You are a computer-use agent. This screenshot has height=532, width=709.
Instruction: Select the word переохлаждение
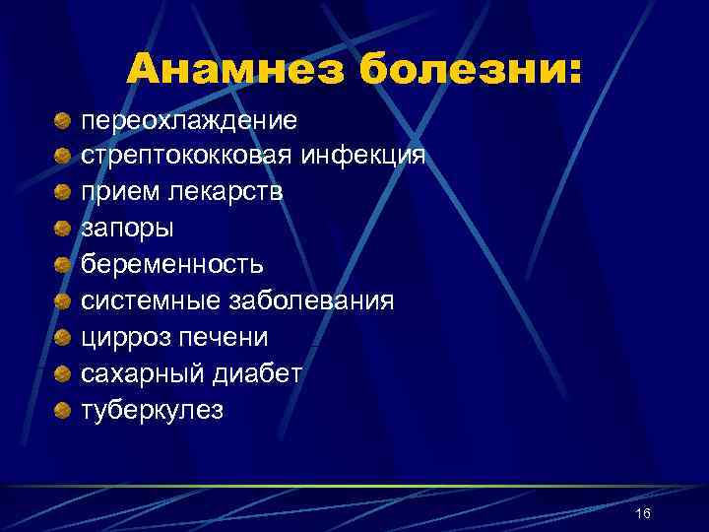[x=189, y=120]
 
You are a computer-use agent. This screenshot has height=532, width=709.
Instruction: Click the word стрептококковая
[x=186, y=156]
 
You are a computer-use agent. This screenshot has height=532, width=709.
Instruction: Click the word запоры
[x=127, y=228]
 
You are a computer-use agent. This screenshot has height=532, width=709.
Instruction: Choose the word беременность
[x=172, y=264]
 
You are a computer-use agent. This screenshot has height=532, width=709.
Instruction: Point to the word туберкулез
[x=153, y=409]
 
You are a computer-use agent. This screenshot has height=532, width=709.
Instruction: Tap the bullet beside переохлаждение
[x=62, y=121]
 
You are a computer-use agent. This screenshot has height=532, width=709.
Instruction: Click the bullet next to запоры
[x=62, y=229]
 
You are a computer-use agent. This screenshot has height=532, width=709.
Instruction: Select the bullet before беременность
[x=62, y=265]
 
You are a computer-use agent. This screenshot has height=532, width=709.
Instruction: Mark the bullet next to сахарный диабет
[x=62, y=373]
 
